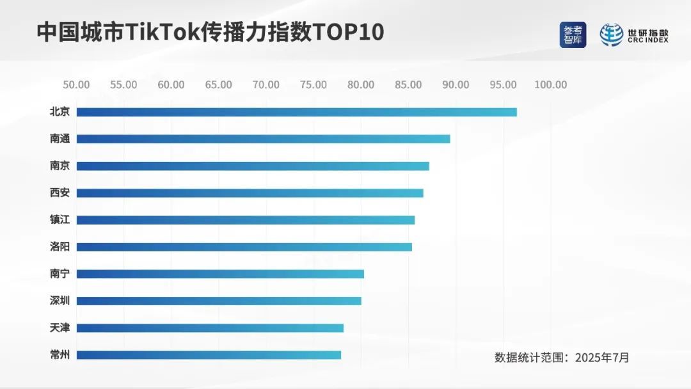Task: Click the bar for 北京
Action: pyautogui.click(x=296, y=112)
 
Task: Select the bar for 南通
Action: pyautogui.click(x=263, y=139)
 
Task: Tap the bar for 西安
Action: pyautogui.click(x=250, y=193)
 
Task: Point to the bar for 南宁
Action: pyautogui.click(x=220, y=274)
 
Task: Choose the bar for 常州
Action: pyautogui.click(x=209, y=354)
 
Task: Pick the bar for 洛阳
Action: pyautogui.click(x=244, y=246)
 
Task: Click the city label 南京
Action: pyautogui.click(x=60, y=166)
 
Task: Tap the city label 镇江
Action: pyautogui.click(x=60, y=219)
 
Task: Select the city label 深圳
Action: pyautogui.click(x=60, y=301)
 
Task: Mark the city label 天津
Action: pyautogui.click(x=60, y=328)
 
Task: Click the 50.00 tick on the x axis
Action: pyautogui.click(x=76, y=85)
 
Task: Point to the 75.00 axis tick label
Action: pyautogui.click(x=314, y=85)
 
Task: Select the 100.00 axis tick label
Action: pyautogui.click(x=551, y=85)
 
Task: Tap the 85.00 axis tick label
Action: pyautogui.click(x=408, y=85)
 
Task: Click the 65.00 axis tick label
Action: pyautogui.click(x=219, y=85)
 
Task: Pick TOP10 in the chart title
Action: pyautogui.click(x=348, y=32)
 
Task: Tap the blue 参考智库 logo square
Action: pyautogui.click(x=573, y=35)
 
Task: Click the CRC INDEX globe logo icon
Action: pyautogui.click(x=612, y=35)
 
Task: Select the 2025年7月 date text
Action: pyautogui.click(x=601, y=358)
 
